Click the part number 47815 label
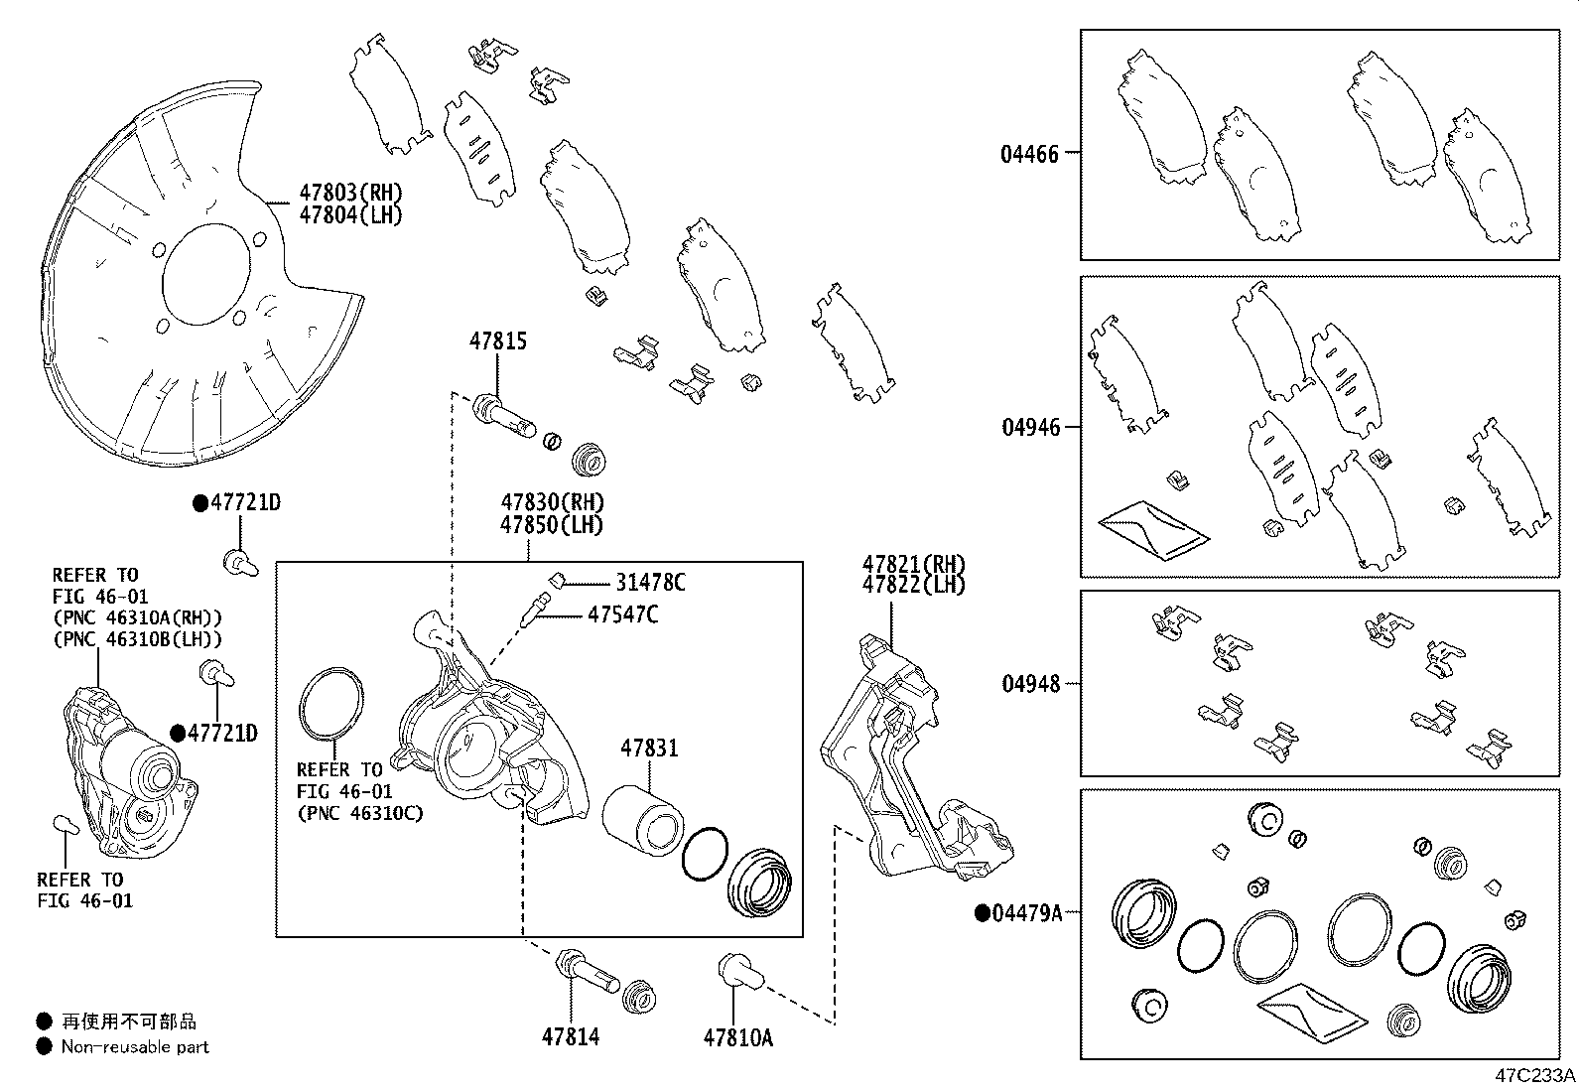(x=497, y=341)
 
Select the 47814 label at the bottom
(x=570, y=1037)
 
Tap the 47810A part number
(x=737, y=1037)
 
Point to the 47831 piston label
(x=650, y=748)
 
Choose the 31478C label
(x=650, y=583)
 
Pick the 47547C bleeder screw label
(x=622, y=614)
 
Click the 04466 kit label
(x=1029, y=154)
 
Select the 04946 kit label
(x=1029, y=427)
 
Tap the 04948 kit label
(x=1029, y=684)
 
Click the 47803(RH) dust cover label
(x=351, y=193)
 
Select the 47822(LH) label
(x=913, y=585)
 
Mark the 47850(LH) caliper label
(x=552, y=525)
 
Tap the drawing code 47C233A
(x=1535, y=1075)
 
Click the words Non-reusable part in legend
(x=135, y=1046)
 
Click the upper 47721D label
(x=244, y=503)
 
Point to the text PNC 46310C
(x=359, y=813)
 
